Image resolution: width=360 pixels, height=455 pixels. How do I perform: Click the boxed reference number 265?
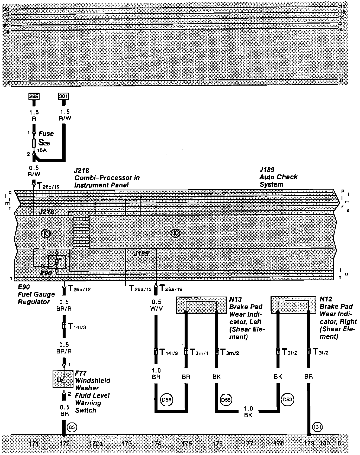[34, 96]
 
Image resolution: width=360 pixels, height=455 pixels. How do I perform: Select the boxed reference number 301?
[64, 96]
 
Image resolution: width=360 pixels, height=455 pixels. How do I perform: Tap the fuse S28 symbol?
[34, 143]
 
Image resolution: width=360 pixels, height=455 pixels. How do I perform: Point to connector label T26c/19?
[48, 186]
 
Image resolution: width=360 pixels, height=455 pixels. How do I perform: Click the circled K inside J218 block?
[45, 233]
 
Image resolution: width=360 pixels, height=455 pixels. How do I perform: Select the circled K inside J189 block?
[176, 233]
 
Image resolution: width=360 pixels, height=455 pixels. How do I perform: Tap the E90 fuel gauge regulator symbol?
[57, 262]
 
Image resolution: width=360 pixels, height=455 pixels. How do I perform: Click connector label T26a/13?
[140, 289]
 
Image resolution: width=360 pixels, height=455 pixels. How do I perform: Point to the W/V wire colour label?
[156, 308]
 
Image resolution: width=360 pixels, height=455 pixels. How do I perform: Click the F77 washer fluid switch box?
[63, 379]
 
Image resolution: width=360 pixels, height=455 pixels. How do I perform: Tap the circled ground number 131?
[317, 427]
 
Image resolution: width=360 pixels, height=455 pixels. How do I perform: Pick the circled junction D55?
[226, 399]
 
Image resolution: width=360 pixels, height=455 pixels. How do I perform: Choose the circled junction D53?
[288, 399]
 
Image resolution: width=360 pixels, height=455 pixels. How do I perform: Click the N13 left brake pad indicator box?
[201, 305]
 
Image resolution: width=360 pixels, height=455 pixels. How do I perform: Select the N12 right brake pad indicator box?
[293, 305]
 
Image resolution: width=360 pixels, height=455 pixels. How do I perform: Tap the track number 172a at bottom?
[96, 443]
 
